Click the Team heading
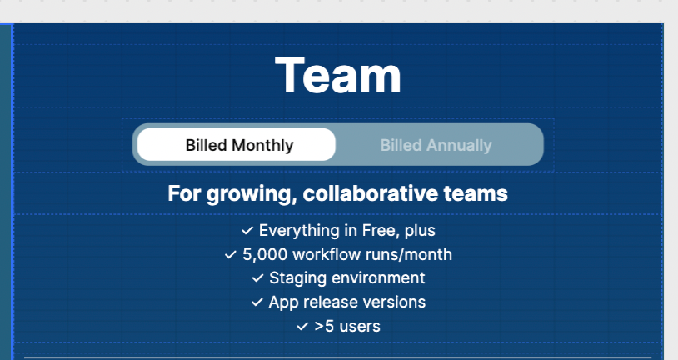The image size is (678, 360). click(x=337, y=75)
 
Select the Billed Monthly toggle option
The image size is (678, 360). click(x=236, y=144)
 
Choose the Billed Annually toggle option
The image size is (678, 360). click(x=436, y=145)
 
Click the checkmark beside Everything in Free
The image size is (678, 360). click(x=247, y=231)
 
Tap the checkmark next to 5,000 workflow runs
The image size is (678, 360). click(x=231, y=255)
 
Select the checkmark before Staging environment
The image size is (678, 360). click(x=257, y=278)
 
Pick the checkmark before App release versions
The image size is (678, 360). click(x=257, y=302)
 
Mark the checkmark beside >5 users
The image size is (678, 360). click(x=302, y=327)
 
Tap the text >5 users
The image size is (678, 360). click(x=347, y=327)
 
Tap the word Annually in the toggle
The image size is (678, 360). click(x=459, y=145)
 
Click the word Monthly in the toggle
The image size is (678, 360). click(x=262, y=145)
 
